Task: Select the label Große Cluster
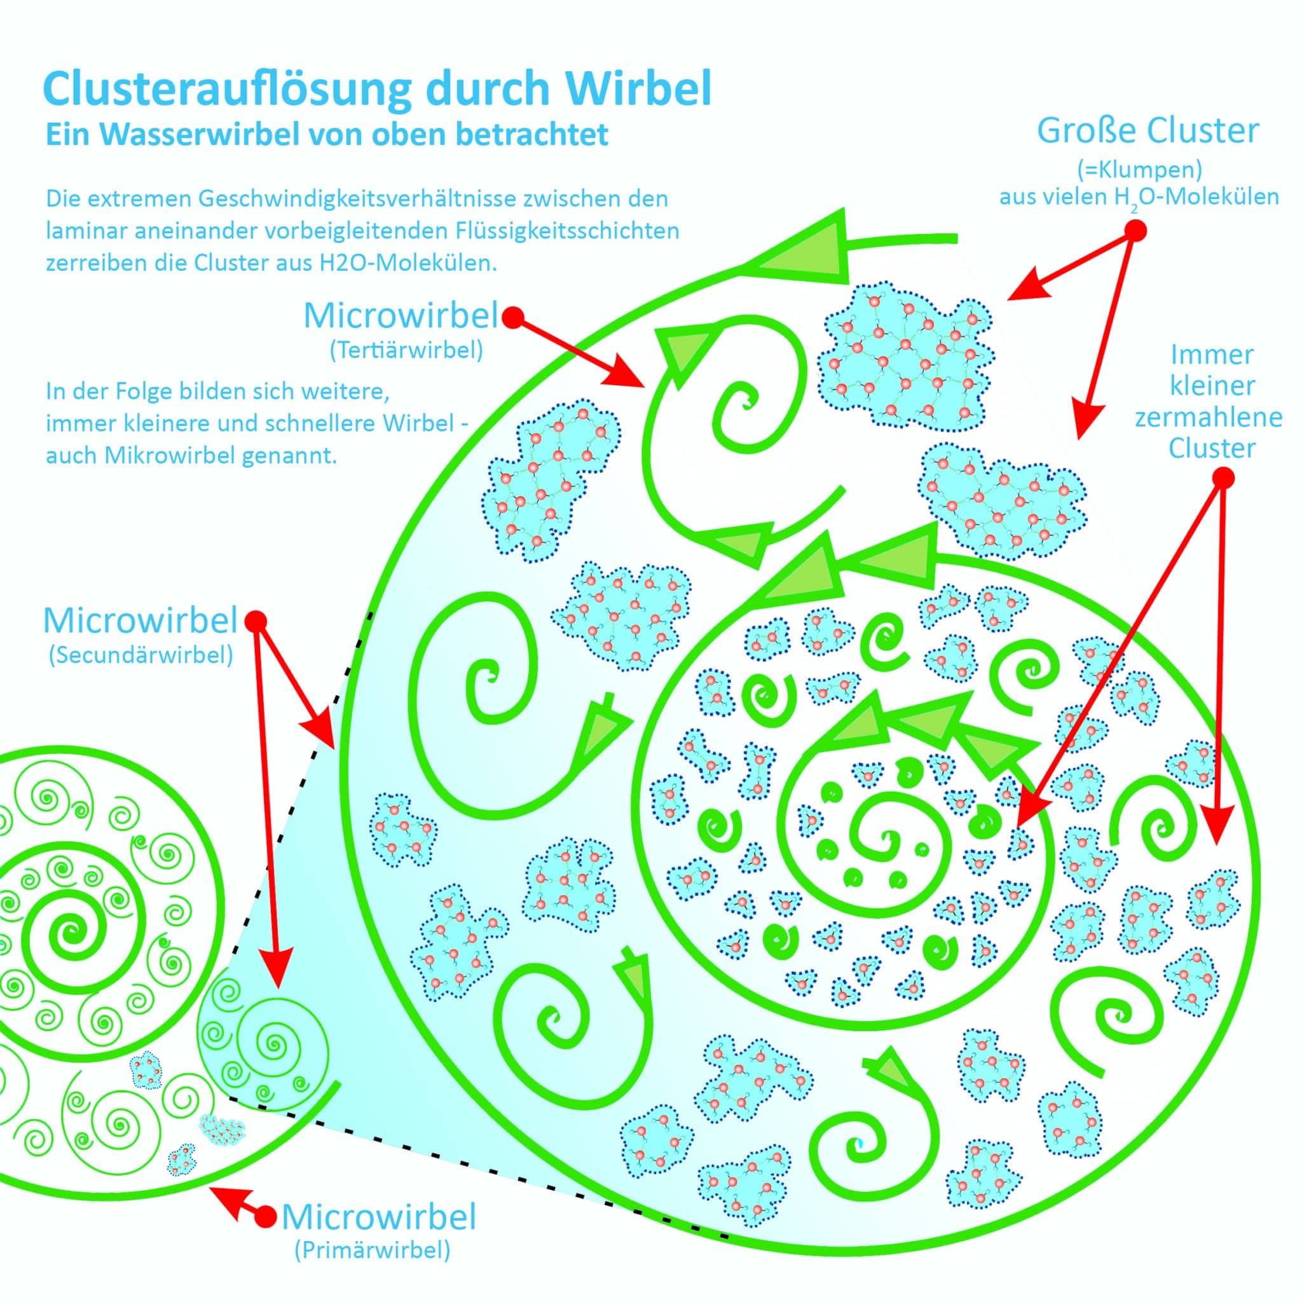[1148, 131]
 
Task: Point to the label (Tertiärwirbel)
[406, 351]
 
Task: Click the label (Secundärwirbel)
[141, 655]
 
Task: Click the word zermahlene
[1209, 418]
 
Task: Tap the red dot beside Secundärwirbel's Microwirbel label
[257, 620]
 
